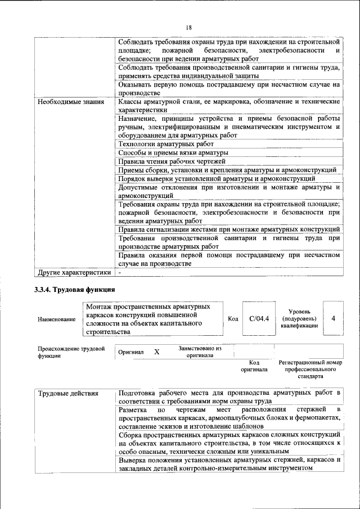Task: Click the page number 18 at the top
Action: pyautogui.click(x=188, y=28)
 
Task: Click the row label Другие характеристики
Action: pyautogui.click(x=74, y=273)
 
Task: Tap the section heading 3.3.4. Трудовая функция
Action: pyautogui.click(x=75, y=290)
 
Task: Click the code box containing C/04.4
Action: pyautogui.click(x=259, y=319)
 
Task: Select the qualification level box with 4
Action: pyautogui.click(x=334, y=319)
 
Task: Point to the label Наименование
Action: pyautogui.click(x=56, y=319)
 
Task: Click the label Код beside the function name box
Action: pyautogui.click(x=233, y=319)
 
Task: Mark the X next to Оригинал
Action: pyautogui.click(x=157, y=352)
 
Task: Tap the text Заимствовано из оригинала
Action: pyautogui.click(x=200, y=352)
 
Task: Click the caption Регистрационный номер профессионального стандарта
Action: pyautogui.click(x=310, y=370)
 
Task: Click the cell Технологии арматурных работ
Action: pyautogui.click(x=158, y=144)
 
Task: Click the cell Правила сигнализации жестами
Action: pyautogui.click(x=228, y=229)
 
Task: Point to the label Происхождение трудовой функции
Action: pyautogui.click(x=71, y=352)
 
